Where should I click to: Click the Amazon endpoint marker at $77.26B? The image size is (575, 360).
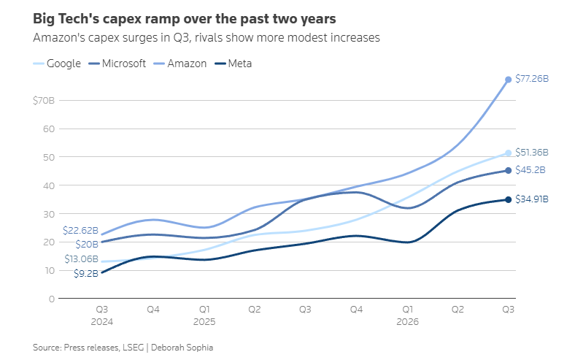[509, 80]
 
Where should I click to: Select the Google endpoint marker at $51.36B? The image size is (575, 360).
[509, 153]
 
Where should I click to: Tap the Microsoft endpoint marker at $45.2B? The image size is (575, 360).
[509, 170]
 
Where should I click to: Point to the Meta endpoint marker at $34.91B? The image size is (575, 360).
[509, 199]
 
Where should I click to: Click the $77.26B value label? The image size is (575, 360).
[532, 79]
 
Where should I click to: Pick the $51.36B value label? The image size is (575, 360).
[532, 153]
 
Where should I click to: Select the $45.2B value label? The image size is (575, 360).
[530, 170]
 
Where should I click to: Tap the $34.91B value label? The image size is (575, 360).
[532, 199]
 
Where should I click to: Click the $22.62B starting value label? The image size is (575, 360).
[81, 230]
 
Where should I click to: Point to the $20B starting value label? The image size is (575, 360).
[87, 244]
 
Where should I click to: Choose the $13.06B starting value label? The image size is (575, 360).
[82, 259]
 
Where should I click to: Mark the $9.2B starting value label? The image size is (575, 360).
[86, 273]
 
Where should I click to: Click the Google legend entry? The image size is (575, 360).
[57, 64]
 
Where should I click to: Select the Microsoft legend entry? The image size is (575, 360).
[117, 64]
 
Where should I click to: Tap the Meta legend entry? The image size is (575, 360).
[234, 64]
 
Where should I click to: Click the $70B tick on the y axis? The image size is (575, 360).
[44, 100]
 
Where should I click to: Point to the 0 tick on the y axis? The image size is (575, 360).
[52, 299]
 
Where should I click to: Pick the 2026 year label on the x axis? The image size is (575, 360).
[407, 322]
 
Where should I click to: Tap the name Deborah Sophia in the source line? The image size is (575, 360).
[182, 348]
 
